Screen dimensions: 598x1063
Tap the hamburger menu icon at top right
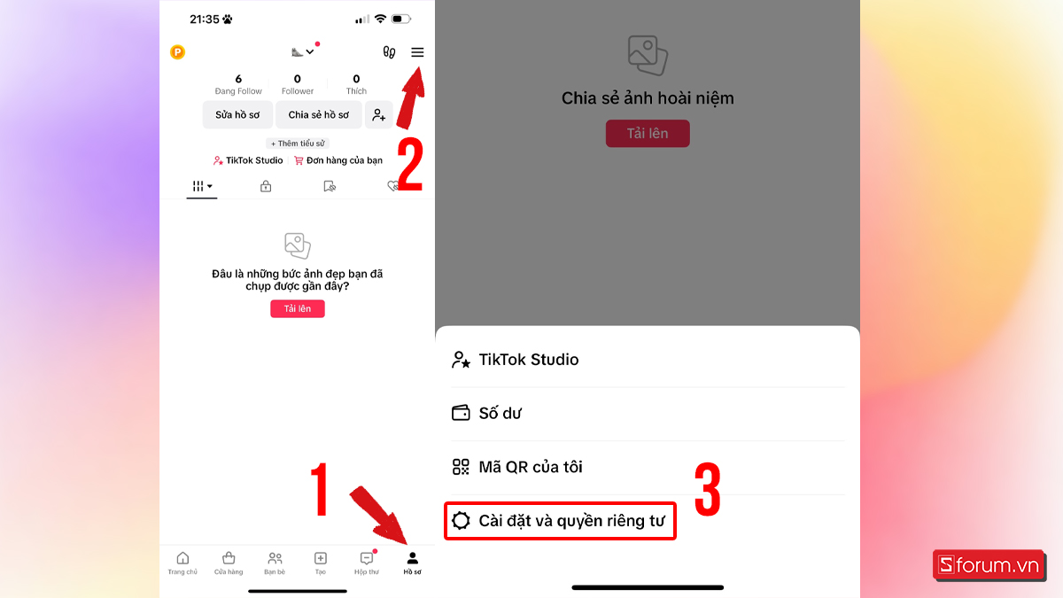[x=417, y=52]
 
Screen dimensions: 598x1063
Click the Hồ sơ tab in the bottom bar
[x=412, y=563]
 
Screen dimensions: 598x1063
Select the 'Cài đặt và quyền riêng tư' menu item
[x=560, y=520]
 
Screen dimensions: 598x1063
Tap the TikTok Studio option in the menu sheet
[x=528, y=360]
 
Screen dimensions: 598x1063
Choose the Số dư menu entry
[x=500, y=413]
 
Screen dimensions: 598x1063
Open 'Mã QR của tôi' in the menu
[x=530, y=467]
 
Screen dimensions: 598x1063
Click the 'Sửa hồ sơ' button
[x=237, y=115]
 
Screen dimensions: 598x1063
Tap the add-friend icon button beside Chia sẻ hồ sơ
[x=379, y=115]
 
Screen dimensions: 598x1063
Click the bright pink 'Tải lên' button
[x=298, y=308]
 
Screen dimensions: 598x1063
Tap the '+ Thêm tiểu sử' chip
[x=298, y=144]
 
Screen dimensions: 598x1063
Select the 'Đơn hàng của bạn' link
[x=338, y=160]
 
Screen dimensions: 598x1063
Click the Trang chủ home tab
[x=182, y=563]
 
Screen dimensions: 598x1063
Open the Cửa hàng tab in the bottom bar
[x=229, y=563]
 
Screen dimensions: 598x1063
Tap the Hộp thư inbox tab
[x=367, y=563]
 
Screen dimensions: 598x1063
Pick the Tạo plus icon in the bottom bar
[x=321, y=563]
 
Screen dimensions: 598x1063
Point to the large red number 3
[x=707, y=488]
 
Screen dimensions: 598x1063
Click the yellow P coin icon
[x=178, y=52]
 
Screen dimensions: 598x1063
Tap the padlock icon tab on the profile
[x=265, y=186]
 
